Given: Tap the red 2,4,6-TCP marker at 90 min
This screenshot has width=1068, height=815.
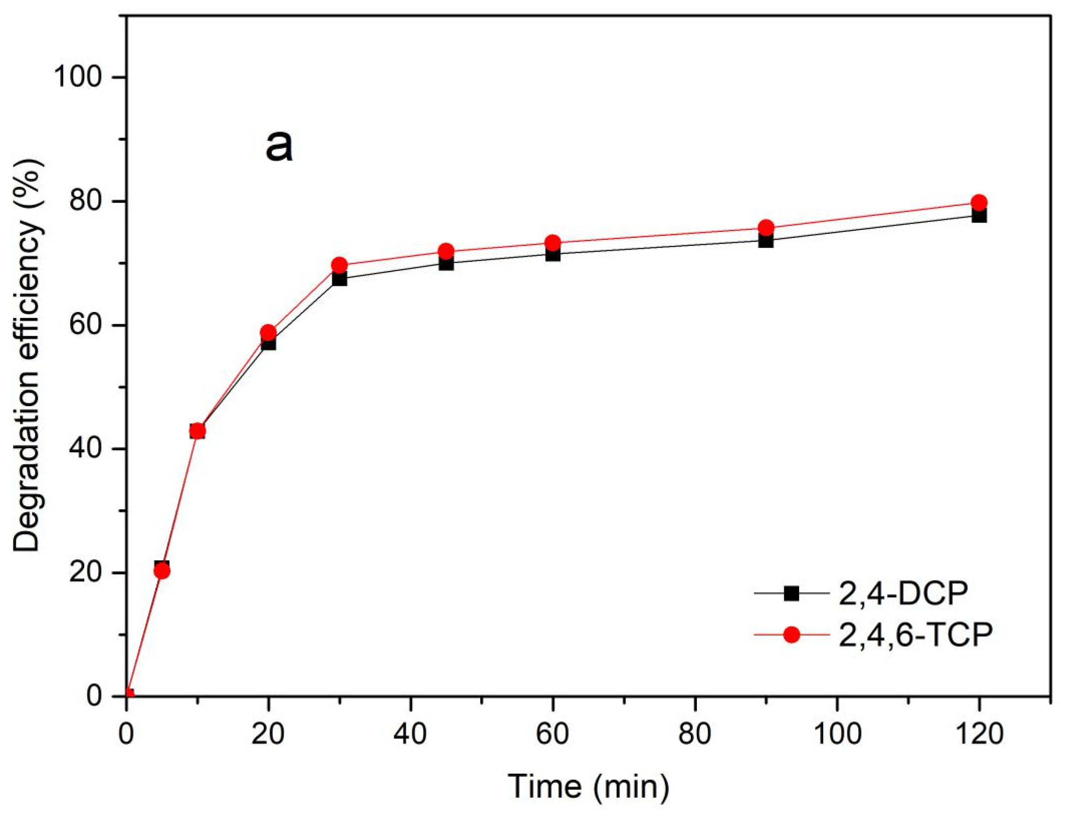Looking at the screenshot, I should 766,228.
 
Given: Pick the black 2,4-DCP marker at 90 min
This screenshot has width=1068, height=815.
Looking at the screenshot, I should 766,241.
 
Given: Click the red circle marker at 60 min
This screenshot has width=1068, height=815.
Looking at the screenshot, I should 553,243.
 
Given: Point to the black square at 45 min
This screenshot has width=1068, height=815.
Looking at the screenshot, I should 446,264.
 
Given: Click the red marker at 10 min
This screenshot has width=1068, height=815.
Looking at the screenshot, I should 197,431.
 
